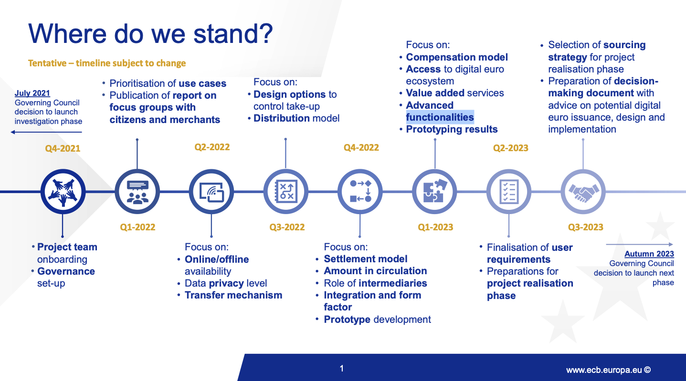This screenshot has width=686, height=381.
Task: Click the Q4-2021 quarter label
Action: coord(63,148)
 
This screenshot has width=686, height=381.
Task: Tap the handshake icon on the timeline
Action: coord(583,192)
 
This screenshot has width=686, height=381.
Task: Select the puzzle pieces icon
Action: coord(434,192)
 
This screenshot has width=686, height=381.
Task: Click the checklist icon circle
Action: coord(509,192)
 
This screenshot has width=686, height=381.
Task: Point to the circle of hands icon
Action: coord(63,192)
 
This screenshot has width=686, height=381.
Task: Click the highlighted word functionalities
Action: coord(440,117)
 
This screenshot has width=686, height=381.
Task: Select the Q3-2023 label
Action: coord(586,227)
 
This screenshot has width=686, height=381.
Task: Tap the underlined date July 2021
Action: coord(32,93)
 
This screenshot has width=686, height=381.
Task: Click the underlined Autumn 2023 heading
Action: coord(649,254)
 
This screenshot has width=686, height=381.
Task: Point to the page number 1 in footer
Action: coord(342,369)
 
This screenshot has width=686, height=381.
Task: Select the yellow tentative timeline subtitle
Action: coord(107,63)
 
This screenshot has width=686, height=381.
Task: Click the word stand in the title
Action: coord(233,33)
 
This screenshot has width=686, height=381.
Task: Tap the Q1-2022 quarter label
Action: coord(137,227)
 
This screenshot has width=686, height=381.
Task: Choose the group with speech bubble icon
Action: coord(137,192)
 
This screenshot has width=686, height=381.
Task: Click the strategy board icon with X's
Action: coord(286,192)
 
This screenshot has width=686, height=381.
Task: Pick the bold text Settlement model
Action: coord(366,259)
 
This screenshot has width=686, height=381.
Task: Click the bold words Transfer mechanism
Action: coord(233,295)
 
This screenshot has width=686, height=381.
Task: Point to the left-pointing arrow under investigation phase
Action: coord(46,132)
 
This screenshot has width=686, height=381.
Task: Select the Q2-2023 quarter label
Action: coord(510,148)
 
